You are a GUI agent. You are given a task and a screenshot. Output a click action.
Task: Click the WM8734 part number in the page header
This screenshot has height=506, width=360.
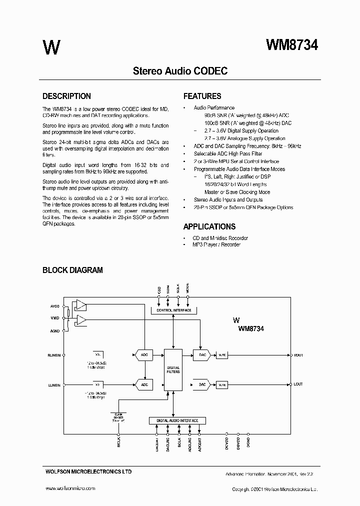292,45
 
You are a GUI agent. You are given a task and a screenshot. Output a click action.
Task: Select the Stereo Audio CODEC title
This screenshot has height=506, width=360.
180,71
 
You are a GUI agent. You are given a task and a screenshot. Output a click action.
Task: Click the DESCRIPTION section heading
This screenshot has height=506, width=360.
66,96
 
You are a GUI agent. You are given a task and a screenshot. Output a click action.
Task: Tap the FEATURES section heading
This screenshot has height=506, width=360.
202,96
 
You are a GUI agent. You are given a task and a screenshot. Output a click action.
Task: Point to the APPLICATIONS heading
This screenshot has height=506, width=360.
209,226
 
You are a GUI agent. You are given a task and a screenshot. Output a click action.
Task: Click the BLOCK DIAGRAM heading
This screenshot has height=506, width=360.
72,270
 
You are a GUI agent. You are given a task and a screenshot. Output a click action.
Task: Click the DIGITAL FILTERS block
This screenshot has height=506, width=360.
173,370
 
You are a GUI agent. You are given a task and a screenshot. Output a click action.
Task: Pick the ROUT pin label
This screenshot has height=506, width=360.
298,355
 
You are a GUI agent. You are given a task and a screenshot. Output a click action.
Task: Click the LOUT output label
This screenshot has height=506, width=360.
298,384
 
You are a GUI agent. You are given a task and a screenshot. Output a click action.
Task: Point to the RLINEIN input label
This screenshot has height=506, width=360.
54,355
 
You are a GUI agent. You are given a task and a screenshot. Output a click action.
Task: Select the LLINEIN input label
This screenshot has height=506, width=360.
54,384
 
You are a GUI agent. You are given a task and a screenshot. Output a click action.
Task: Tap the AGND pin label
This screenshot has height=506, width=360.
54,330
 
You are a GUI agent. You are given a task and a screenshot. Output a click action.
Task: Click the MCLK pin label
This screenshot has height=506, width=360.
119,442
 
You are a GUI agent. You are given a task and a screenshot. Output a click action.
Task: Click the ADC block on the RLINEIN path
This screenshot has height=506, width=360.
144,355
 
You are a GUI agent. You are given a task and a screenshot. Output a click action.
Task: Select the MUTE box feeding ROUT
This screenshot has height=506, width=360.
222,355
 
